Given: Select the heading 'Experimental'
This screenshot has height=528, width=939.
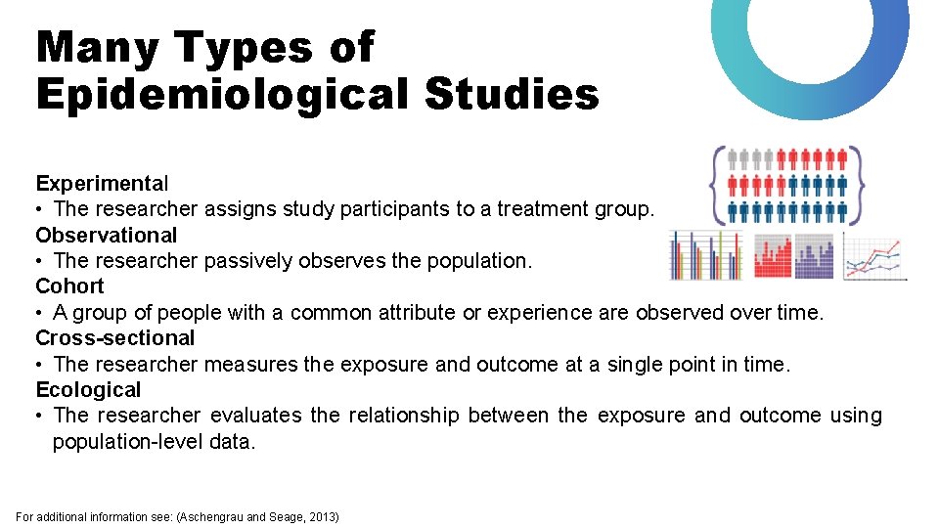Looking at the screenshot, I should [x=102, y=183].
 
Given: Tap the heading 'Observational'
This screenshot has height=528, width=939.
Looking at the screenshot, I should [x=107, y=235].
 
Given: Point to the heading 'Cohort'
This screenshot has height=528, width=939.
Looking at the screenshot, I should [x=69, y=286].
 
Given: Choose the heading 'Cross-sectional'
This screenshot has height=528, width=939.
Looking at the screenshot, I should [x=115, y=338].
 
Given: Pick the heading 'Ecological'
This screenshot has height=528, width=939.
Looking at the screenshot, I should [x=88, y=390].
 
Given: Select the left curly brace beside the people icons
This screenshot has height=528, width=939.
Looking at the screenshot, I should [x=720, y=185].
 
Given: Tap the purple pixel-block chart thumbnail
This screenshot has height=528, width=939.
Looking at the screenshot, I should [x=814, y=256].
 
